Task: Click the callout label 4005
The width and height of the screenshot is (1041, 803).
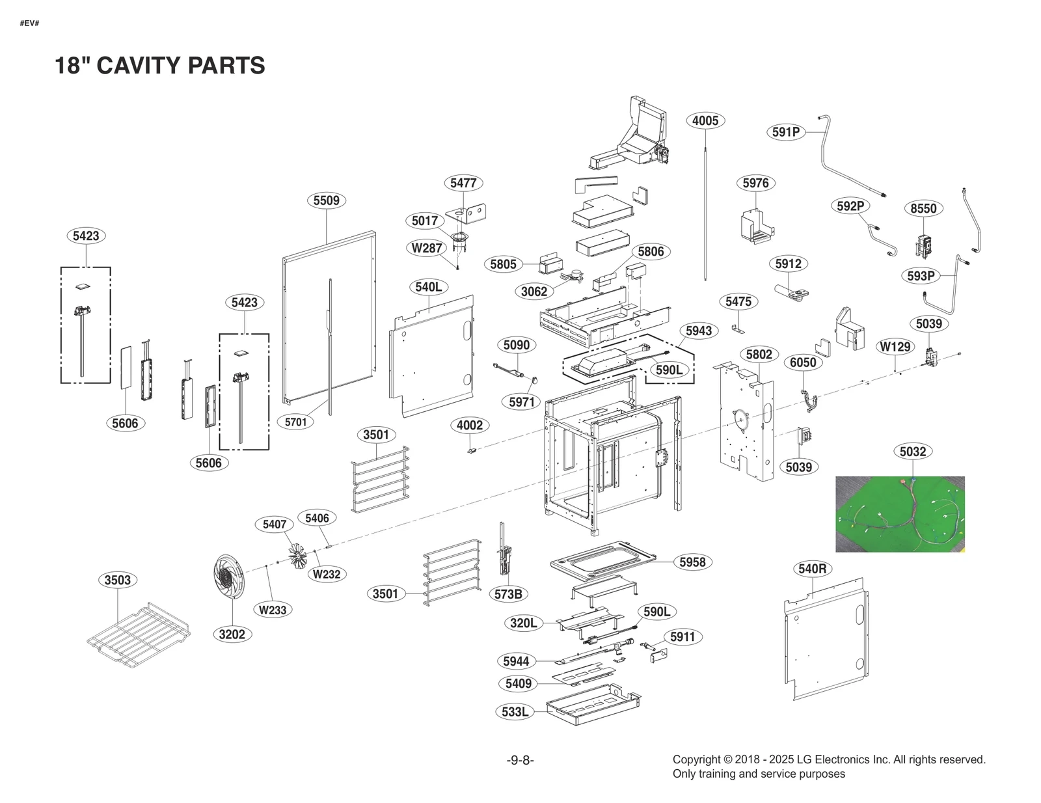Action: (705, 120)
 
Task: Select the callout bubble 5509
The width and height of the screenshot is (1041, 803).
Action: (326, 200)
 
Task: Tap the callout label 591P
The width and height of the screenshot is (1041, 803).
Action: (786, 132)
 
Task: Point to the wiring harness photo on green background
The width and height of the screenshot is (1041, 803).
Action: (900, 514)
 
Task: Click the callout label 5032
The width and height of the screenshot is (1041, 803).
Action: (913, 452)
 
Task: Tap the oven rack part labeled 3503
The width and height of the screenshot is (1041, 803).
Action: (139, 634)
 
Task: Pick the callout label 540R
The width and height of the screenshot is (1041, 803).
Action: (813, 569)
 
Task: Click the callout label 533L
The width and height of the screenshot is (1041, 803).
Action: (515, 712)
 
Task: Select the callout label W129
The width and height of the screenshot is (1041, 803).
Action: (895, 347)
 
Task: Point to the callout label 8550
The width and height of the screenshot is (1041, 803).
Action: (923, 208)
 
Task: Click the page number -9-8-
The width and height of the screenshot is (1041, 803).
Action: (520, 760)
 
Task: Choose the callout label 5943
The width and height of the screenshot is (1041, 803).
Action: (698, 331)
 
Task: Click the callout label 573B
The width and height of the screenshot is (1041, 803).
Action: (508, 594)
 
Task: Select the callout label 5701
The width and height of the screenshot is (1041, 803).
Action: (295, 422)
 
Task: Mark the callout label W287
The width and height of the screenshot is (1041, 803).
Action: (427, 248)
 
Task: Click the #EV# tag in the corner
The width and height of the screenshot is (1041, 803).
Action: (29, 23)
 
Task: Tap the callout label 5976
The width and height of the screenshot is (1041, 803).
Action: (755, 183)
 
